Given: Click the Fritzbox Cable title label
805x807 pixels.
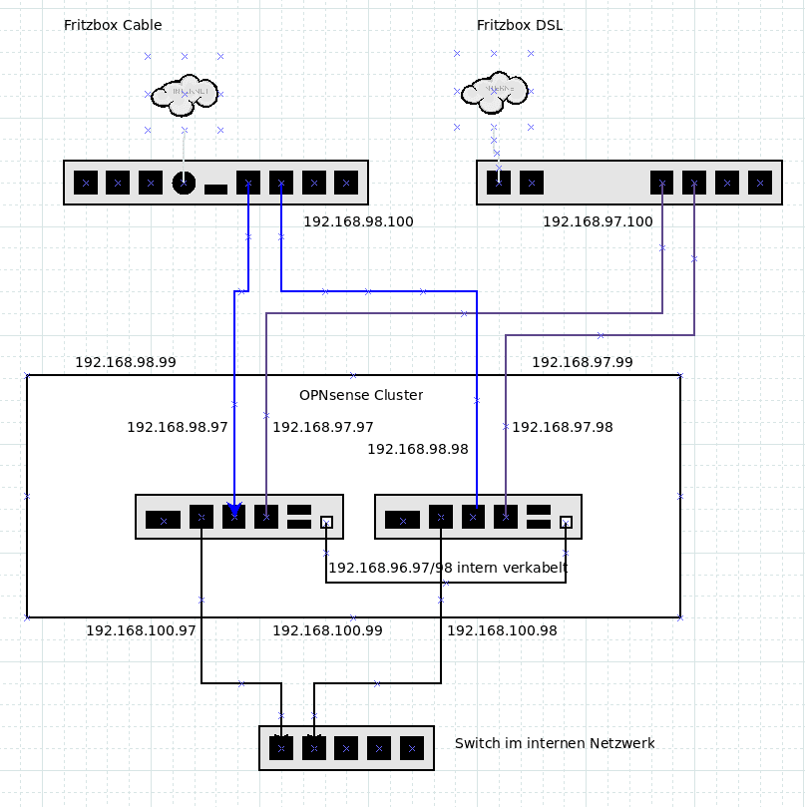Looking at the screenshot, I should click(x=113, y=25).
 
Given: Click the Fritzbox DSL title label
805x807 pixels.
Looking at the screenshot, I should click(x=519, y=25).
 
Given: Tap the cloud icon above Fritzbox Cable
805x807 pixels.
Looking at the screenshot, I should click(x=185, y=93).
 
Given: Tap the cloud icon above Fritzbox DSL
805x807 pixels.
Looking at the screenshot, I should click(x=494, y=91).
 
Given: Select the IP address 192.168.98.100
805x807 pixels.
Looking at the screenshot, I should click(x=358, y=221).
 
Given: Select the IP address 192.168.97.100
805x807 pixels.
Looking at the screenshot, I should click(x=598, y=221).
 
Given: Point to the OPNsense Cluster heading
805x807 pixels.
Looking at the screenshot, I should click(x=361, y=395).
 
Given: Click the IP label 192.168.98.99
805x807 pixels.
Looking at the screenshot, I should click(x=126, y=362).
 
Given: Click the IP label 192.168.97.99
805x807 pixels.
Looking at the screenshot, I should click(x=582, y=362).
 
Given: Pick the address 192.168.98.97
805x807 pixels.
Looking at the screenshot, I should click(x=178, y=427).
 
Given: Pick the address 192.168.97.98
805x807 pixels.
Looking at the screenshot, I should click(x=563, y=427).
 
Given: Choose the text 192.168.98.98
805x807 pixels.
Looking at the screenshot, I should click(x=418, y=449).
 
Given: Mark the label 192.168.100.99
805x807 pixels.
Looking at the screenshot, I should click(x=327, y=630).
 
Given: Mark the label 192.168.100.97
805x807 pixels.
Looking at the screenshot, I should click(x=141, y=630).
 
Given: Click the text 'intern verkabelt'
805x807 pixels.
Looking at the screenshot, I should click(x=514, y=568).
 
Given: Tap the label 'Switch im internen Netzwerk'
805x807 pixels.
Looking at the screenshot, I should click(x=555, y=743).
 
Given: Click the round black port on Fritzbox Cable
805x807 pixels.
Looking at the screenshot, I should click(x=184, y=183).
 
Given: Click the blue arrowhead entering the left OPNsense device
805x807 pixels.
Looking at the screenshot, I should click(x=234, y=510).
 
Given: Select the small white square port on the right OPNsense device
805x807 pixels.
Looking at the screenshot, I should click(x=566, y=522).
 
